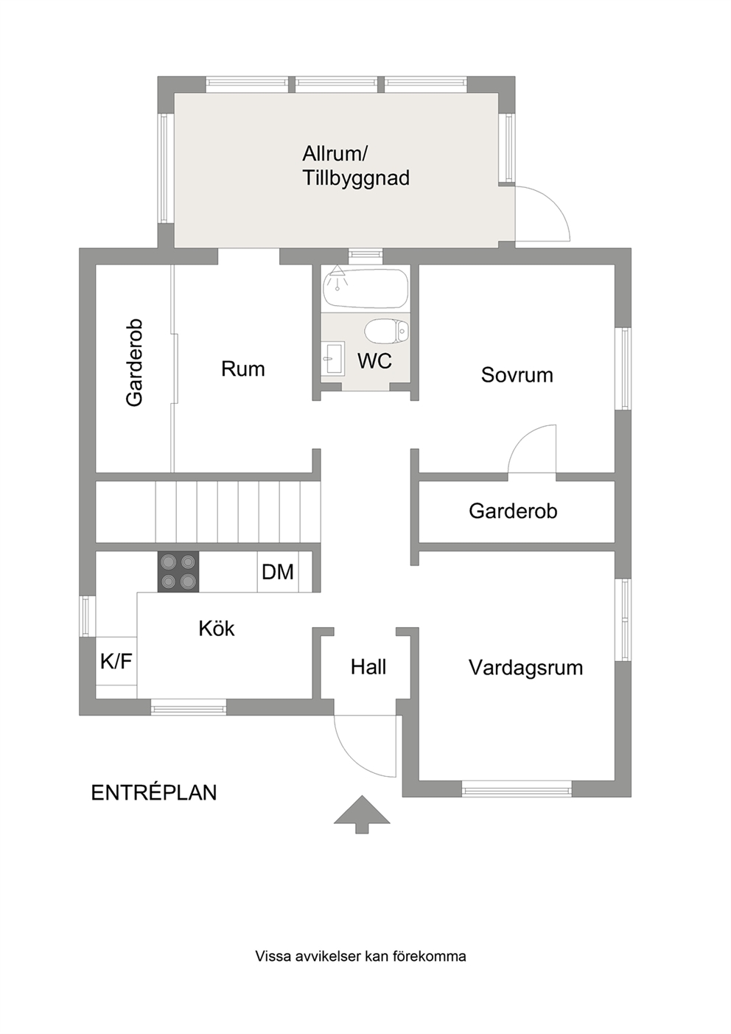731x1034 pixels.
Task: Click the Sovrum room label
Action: click(517, 375)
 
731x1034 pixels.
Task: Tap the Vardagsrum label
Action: click(526, 668)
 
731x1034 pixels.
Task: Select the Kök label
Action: click(217, 628)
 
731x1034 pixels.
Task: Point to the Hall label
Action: click(368, 667)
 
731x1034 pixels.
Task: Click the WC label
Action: click(374, 361)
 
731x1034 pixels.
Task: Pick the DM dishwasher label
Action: click(278, 573)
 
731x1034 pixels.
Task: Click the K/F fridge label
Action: click(116, 662)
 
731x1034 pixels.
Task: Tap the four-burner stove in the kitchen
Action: click(178, 572)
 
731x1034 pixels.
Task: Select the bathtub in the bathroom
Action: click(365, 288)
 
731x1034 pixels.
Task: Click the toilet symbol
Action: click(387, 331)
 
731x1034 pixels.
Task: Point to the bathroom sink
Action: click(332, 357)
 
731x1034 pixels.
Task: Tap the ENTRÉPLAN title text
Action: click(154, 793)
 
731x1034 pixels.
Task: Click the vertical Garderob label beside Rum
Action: click(134, 363)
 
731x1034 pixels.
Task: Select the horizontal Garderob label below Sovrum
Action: click(513, 511)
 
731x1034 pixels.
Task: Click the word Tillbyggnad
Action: click(356, 178)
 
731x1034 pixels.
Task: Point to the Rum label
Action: click(242, 369)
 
